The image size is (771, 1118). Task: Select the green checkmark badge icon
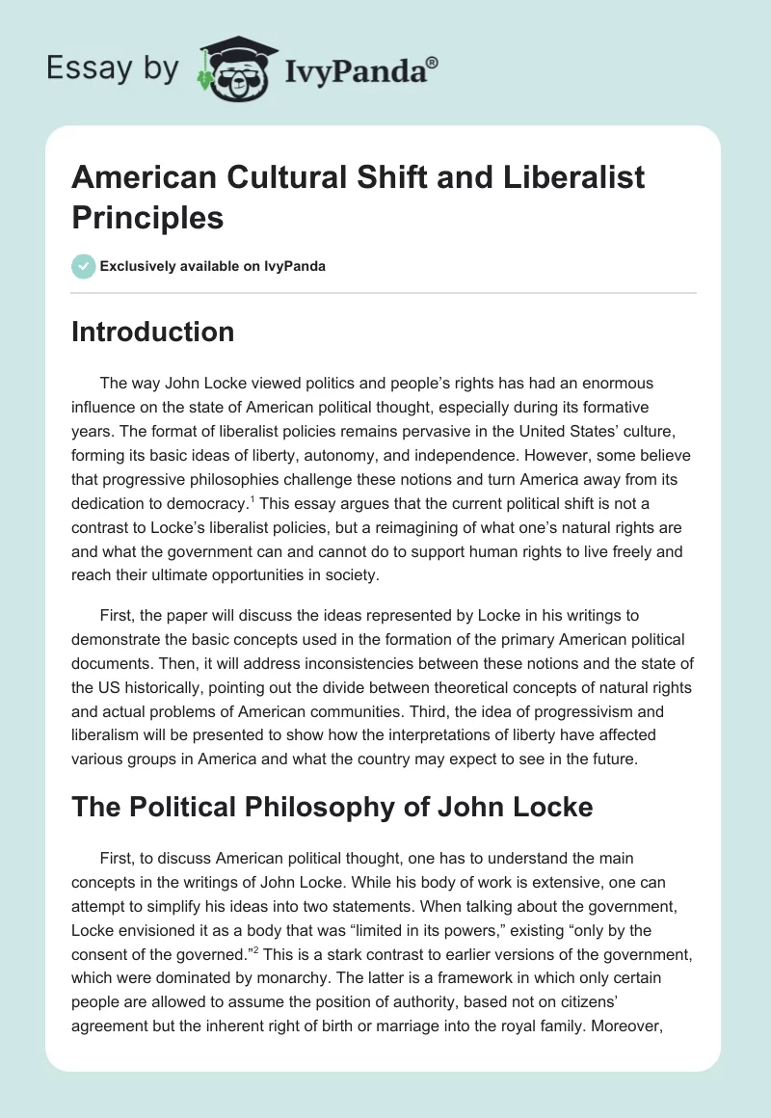point(84,266)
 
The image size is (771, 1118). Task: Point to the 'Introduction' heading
point(153,332)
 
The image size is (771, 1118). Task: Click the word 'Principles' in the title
point(147,217)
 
